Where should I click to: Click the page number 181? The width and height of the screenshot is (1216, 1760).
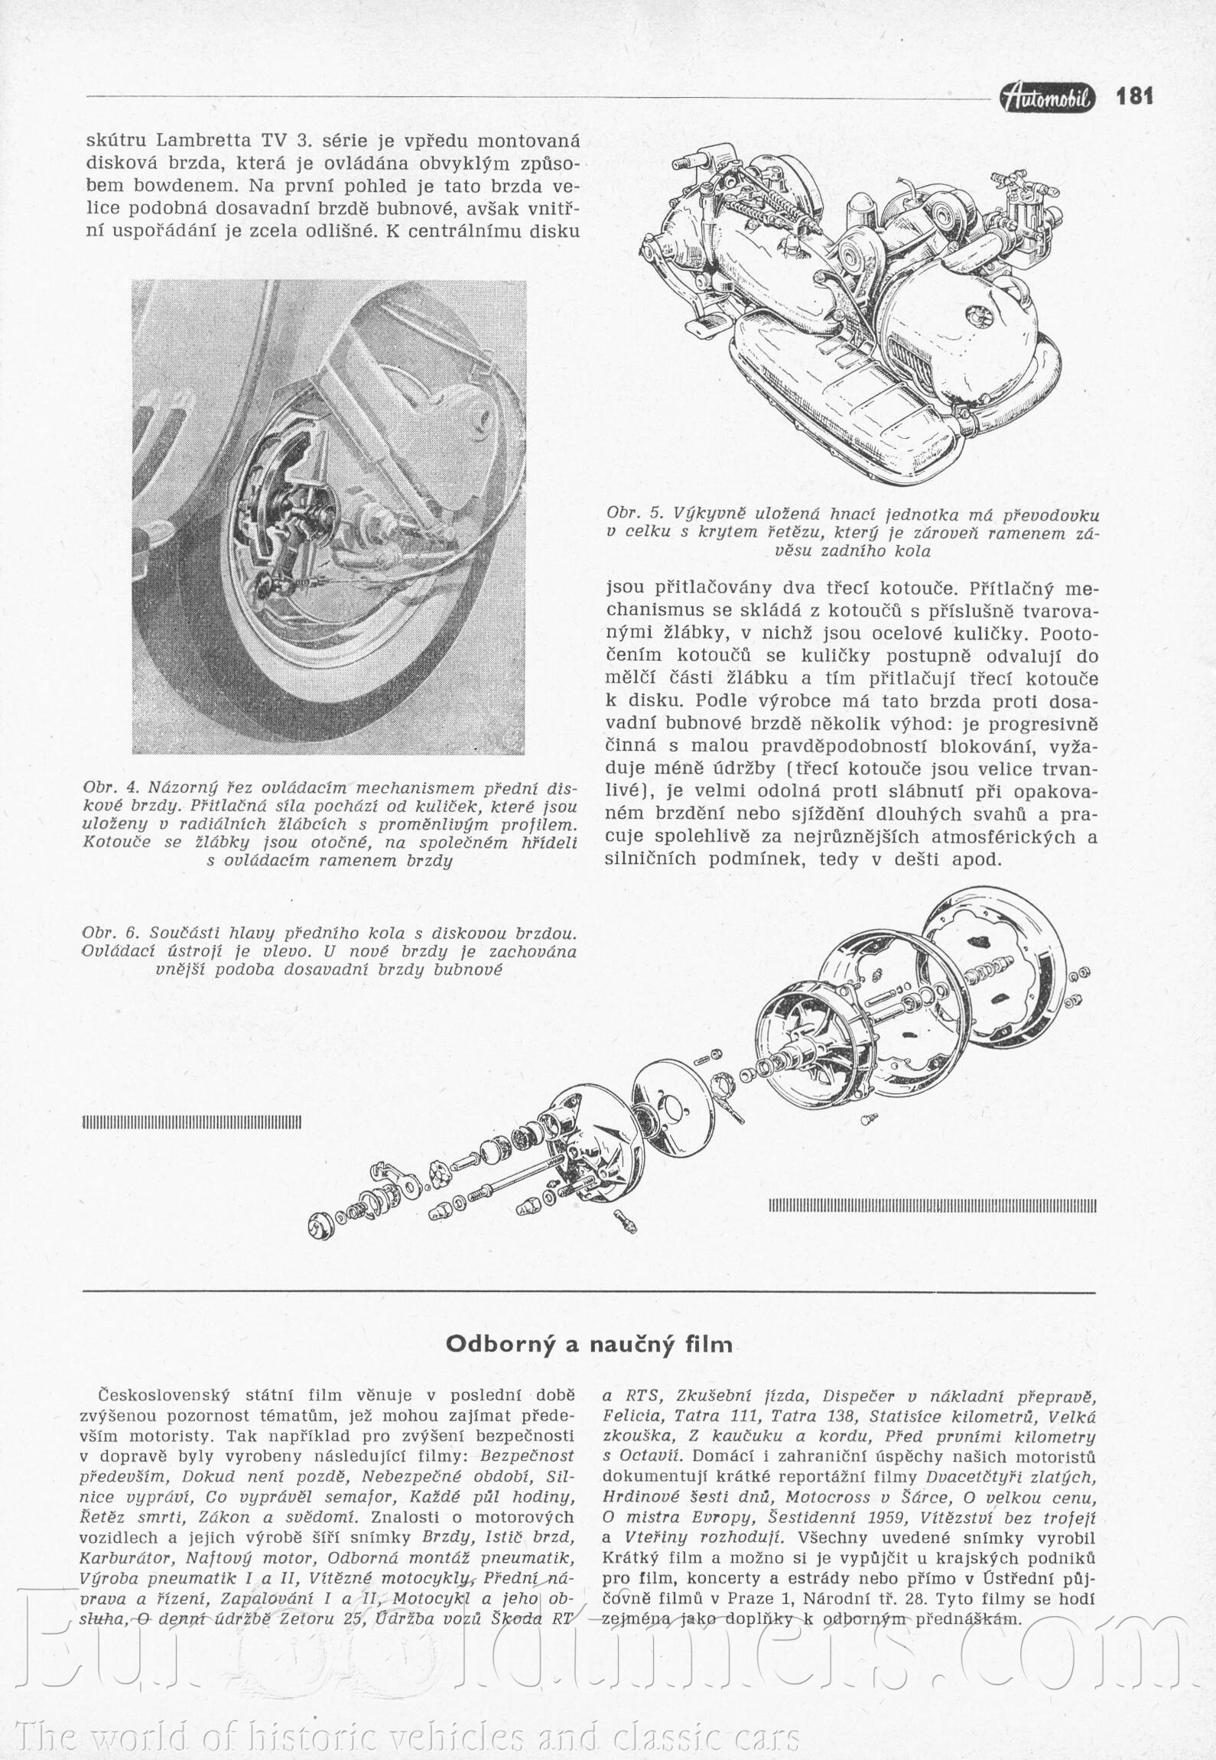1134,96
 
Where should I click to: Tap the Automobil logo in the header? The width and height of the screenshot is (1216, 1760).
1047,97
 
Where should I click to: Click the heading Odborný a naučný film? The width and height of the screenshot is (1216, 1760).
589,1343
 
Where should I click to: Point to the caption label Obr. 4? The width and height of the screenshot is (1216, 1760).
111,787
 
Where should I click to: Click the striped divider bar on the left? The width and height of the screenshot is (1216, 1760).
191,1122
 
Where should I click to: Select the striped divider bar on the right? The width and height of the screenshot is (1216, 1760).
932,1206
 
